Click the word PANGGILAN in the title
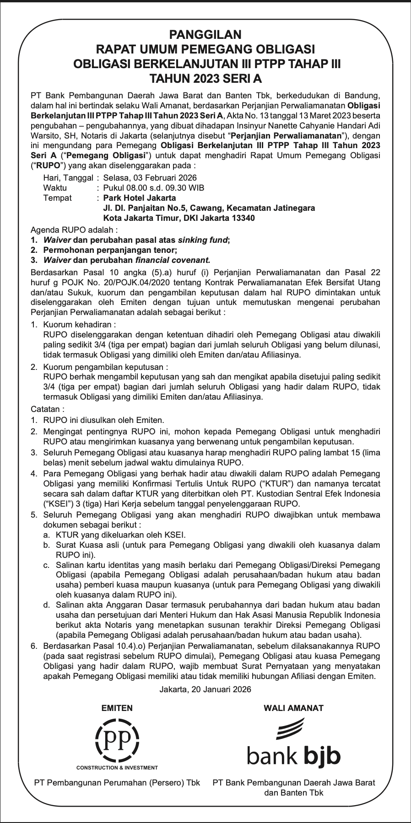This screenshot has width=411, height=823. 205,34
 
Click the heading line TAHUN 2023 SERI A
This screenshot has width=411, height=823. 205,78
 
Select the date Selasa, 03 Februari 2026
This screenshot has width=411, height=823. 150,178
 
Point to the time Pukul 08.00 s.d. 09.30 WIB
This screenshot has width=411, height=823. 154,188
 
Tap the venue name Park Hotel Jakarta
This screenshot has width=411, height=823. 140,198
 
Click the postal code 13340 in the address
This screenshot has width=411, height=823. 244,218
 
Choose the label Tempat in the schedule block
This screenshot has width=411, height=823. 57,198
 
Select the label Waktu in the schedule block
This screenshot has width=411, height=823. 55,188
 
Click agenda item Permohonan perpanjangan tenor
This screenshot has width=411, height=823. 110,250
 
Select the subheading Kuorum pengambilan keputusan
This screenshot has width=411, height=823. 106,367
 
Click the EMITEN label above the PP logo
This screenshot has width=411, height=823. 117,708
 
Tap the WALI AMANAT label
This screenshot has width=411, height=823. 293,708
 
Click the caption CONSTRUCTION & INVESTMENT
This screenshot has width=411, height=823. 117,768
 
